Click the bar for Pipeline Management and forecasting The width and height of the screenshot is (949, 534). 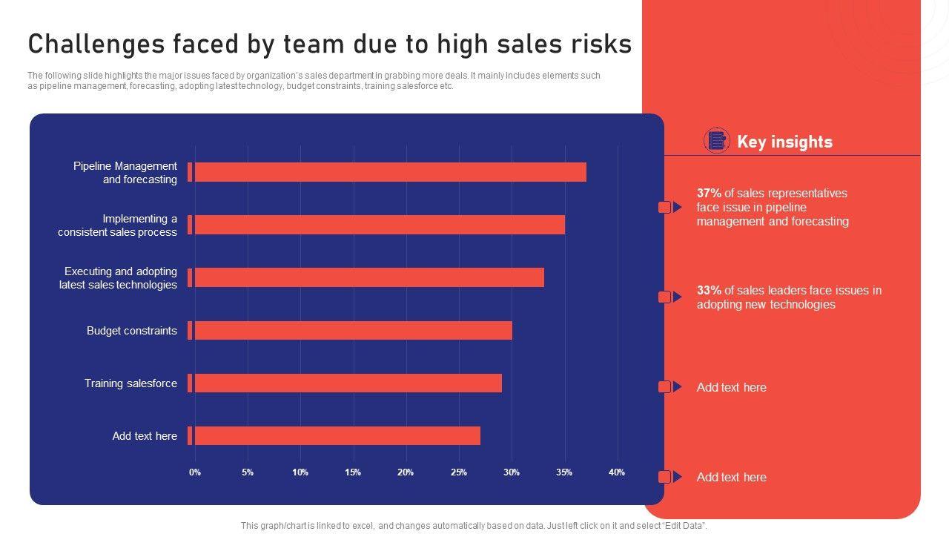pos(389,172)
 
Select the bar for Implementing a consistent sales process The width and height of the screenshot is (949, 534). pos(378,225)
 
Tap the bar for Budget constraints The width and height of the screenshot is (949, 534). pos(352,330)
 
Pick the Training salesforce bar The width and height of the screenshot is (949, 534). pos(347,383)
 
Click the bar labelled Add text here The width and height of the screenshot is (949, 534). pos(337,435)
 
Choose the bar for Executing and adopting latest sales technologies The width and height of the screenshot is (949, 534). pos(368,277)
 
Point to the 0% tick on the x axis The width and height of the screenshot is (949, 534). pos(195,472)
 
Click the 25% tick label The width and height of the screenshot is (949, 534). pos(459,472)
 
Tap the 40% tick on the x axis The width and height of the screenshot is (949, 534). pos(617,472)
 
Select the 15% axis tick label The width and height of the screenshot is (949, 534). pos(353,472)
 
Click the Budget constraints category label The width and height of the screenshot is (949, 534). pos(132,331)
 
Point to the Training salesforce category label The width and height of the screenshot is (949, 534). pos(130,383)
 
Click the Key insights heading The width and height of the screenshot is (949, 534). pos(784,142)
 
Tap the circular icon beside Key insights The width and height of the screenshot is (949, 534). pos(716,141)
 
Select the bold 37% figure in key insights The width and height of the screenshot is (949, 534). pos(709,194)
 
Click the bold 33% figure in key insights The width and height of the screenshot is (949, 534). pos(709,291)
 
